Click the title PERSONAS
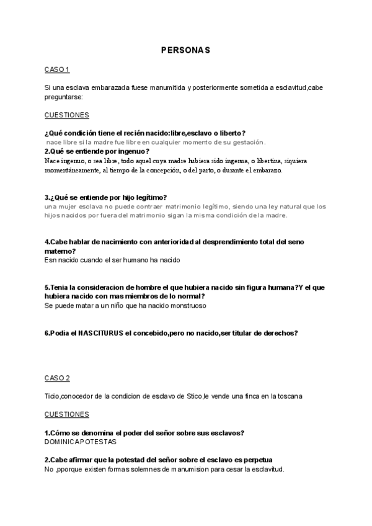[x=186, y=49]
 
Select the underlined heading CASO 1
[x=57, y=69]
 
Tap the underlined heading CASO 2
[x=57, y=378]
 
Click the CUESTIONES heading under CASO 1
[x=67, y=115]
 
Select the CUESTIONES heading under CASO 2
[x=67, y=414]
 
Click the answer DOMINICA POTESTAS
[x=81, y=442]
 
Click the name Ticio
[x=53, y=396]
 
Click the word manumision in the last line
[x=180, y=469]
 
